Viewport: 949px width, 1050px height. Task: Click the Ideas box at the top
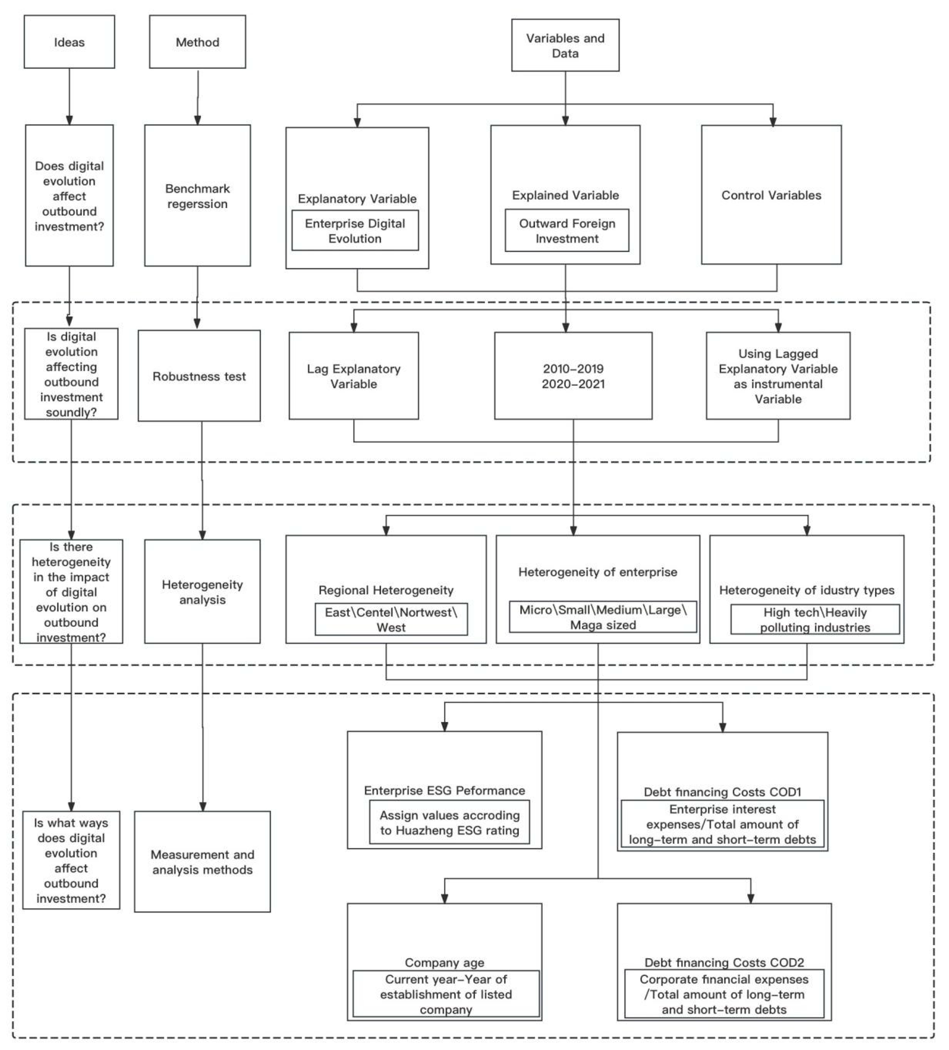tap(69, 42)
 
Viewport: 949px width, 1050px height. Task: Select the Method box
tap(197, 42)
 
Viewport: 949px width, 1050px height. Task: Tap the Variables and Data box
tap(565, 45)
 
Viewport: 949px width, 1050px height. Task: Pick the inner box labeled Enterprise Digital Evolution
tap(355, 231)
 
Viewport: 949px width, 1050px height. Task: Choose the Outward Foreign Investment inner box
tap(567, 231)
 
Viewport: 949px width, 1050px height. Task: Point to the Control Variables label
tap(771, 195)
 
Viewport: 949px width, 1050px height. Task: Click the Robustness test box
tap(199, 376)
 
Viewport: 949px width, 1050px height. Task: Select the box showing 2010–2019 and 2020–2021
tap(573, 376)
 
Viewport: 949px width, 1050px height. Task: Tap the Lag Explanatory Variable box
tap(354, 376)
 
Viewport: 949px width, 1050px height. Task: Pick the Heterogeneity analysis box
tap(202, 592)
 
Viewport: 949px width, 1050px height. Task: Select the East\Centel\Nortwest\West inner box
tap(391, 619)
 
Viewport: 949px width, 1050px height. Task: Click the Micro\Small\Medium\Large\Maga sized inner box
tap(603, 617)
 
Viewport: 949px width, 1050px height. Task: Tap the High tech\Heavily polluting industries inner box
tap(815, 619)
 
